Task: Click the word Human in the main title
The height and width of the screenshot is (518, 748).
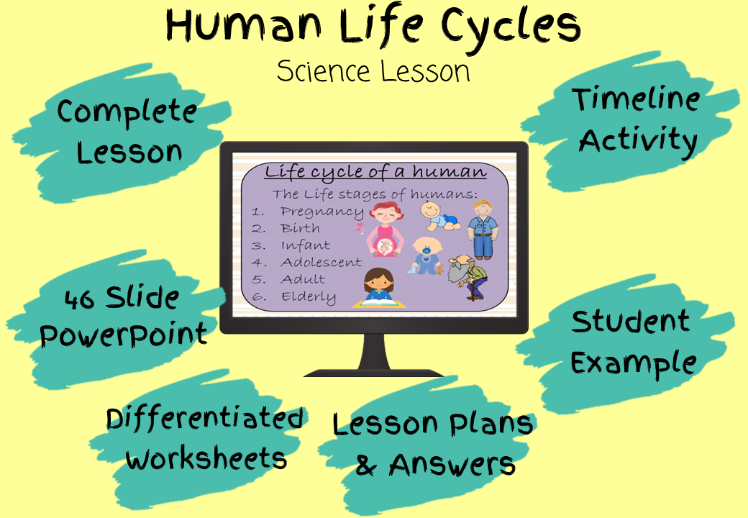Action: [244, 26]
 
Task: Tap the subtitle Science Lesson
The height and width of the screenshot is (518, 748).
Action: [373, 71]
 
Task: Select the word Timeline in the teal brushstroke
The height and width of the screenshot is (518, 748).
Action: [637, 99]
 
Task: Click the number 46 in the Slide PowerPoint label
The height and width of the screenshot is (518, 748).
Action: [78, 299]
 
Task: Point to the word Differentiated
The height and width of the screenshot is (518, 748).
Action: [205, 418]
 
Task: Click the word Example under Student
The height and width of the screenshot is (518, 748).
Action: [633, 363]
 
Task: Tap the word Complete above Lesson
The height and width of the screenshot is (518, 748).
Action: [127, 112]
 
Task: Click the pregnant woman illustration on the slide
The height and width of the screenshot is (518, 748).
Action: [385, 230]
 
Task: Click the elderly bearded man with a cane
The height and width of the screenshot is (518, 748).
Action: [468, 278]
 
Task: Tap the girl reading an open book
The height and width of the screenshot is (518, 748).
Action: [379, 288]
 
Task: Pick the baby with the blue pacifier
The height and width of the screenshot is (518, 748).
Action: [426, 256]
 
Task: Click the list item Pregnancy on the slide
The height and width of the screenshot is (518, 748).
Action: [321, 212]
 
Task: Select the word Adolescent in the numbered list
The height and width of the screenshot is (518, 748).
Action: [321, 263]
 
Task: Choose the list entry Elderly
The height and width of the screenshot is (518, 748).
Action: [308, 296]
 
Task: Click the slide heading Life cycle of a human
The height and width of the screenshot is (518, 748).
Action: [375, 172]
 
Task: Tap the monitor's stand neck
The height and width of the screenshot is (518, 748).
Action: [373, 352]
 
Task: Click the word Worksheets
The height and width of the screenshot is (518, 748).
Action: [206, 459]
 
